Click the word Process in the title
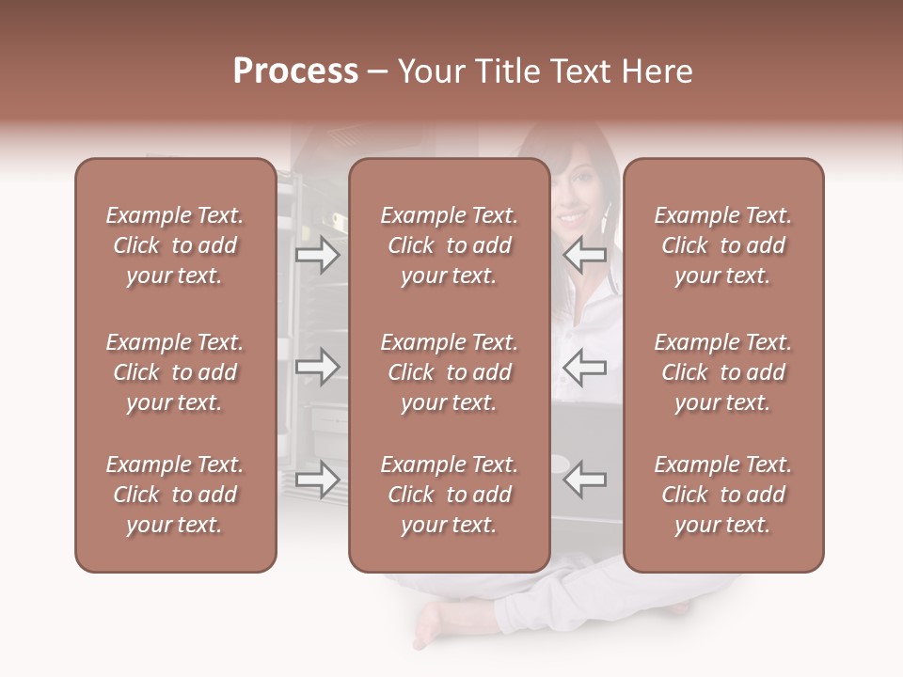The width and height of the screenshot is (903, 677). click(295, 71)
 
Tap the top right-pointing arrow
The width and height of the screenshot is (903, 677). click(317, 255)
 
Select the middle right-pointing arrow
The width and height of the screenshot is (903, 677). click(317, 367)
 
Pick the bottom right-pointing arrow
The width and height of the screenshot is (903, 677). click(317, 480)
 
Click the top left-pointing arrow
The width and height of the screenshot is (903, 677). click(584, 255)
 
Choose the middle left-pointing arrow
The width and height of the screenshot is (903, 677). click(584, 367)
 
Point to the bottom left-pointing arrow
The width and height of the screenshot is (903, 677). click(584, 480)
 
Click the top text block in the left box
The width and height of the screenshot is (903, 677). click(175, 245)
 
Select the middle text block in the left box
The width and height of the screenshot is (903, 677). click(175, 372)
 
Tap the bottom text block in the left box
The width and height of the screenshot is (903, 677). click(175, 495)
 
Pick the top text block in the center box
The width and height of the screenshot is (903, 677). click(449, 245)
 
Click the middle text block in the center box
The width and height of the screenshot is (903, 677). click(449, 372)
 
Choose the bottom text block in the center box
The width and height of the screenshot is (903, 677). click(449, 495)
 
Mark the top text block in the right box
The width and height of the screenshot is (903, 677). click(722, 245)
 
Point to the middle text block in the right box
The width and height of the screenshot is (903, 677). click(722, 372)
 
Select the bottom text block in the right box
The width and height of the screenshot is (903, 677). click(722, 495)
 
